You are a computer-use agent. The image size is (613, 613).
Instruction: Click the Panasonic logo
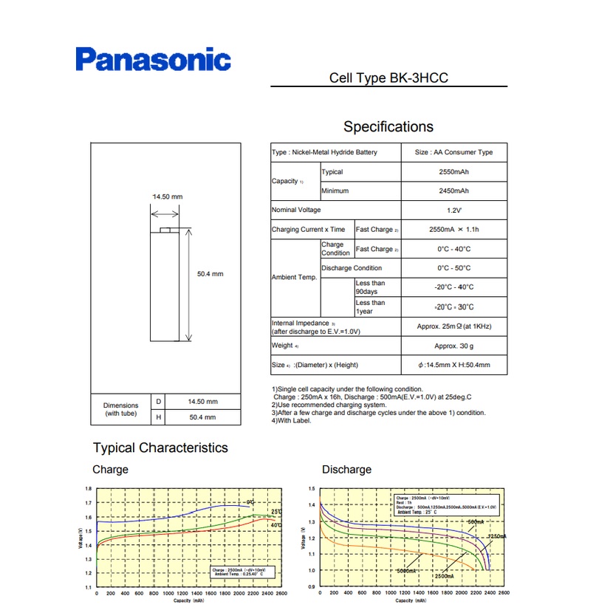click(153, 59)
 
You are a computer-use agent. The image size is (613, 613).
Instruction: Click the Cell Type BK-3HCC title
click(388, 78)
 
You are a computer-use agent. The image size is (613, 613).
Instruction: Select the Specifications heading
click(388, 126)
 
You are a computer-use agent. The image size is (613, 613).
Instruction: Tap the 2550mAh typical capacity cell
click(453, 171)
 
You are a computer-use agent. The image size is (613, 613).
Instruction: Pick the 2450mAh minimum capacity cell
click(453, 191)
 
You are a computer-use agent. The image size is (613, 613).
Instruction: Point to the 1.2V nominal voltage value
click(453, 210)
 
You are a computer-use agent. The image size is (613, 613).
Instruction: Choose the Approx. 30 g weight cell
click(453, 346)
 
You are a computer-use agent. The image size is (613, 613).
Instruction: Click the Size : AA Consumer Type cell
click(453, 152)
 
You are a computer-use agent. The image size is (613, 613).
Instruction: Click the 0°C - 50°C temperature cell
click(453, 268)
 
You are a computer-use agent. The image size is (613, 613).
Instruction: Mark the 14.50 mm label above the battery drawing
click(167, 196)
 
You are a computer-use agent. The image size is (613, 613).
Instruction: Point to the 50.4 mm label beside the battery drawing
click(210, 274)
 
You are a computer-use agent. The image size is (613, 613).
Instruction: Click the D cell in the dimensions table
click(158, 402)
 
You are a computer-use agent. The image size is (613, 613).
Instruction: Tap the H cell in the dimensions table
click(158, 418)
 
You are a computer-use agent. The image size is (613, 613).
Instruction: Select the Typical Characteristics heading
click(160, 448)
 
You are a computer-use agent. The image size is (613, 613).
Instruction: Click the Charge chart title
click(110, 470)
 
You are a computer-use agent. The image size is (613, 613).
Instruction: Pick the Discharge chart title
click(346, 470)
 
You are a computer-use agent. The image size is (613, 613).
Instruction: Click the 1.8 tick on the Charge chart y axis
click(89, 489)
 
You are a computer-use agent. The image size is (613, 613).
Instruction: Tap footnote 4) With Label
click(292, 421)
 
